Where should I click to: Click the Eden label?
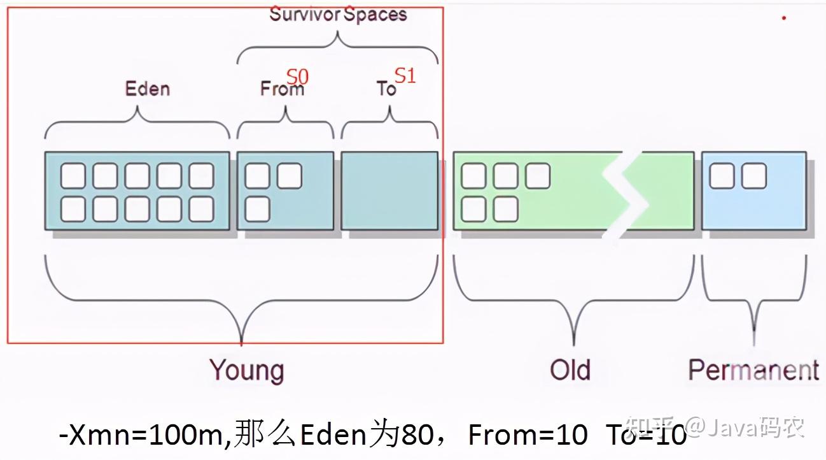click(x=148, y=88)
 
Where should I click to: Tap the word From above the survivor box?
click(x=281, y=89)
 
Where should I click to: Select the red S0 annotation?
click(x=297, y=77)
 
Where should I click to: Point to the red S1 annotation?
click(x=405, y=76)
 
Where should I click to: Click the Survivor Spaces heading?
click(x=338, y=15)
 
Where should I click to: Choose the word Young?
click(x=247, y=370)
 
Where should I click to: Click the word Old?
click(x=570, y=370)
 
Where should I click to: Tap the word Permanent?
click(x=753, y=370)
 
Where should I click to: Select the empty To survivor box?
click(x=389, y=190)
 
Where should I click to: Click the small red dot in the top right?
click(x=784, y=18)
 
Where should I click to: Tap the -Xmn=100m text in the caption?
click(x=143, y=435)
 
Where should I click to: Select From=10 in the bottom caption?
click(x=528, y=435)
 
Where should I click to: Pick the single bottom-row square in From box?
click(x=257, y=209)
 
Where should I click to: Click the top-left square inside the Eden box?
click(x=73, y=176)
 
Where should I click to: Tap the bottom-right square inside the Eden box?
click(x=201, y=209)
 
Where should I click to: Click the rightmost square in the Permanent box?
click(x=753, y=176)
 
